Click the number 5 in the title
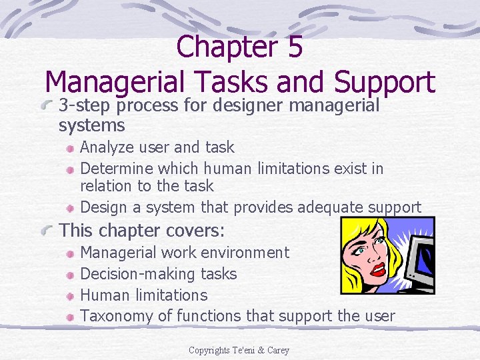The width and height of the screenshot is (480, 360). coord(295,47)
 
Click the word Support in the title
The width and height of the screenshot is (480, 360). coord(385,82)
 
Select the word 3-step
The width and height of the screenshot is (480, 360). coord(85,105)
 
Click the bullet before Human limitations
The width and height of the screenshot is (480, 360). coord(70,295)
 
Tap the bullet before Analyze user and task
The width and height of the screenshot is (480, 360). coord(70,147)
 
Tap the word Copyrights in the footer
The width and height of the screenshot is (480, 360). coord(208,350)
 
